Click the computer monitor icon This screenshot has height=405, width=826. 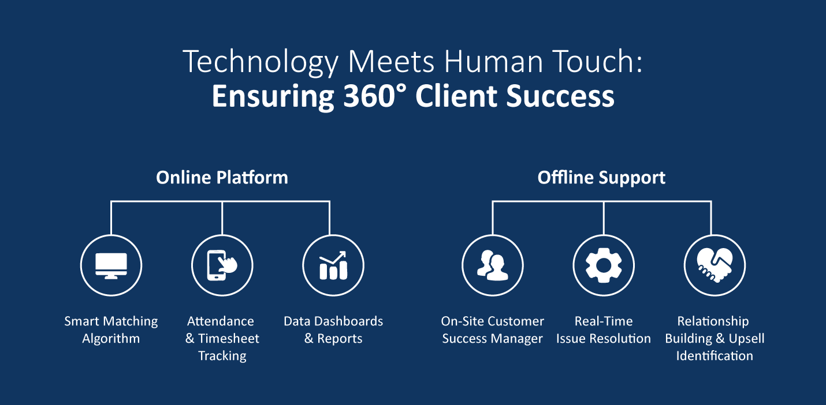[x=111, y=266]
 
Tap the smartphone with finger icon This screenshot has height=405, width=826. [x=222, y=266]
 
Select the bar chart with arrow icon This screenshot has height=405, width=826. [x=333, y=266]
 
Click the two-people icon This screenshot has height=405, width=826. [x=492, y=266]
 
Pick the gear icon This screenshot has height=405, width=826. [x=604, y=266]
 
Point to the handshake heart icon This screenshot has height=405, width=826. [x=715, y=266]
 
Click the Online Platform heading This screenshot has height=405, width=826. [x=222, y=177]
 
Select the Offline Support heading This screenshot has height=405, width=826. [x=601, y=177]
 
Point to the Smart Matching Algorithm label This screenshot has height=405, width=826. [x=111, y=329]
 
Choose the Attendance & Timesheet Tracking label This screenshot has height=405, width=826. [x=222, y=338]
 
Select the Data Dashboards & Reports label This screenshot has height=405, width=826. [x=333, y=329]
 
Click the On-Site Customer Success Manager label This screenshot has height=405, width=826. [x=492, y=329]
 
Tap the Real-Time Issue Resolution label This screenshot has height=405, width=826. [x=604, y=329]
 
